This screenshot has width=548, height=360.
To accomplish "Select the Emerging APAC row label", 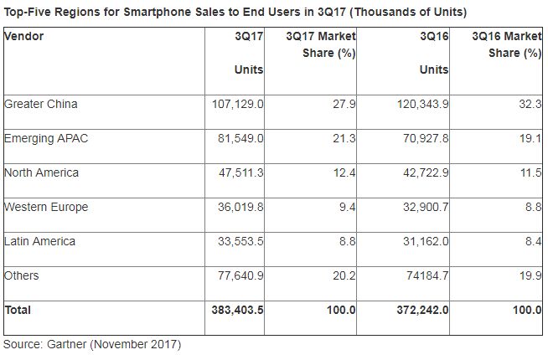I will click(x=46, y=138).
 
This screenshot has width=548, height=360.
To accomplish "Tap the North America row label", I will click(x=41, y=172).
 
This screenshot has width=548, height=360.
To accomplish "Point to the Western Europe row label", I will click(x=46, y=207).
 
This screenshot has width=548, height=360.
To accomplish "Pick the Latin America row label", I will click(x=39, y=241).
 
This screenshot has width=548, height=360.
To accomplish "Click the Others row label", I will click(x=22, y=275).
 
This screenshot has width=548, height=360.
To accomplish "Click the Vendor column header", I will click(x=24, y=37).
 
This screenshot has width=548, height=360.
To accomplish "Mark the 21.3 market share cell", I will click(x=346, y=138).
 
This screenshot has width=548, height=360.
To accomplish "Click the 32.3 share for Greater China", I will click(x=530, y=104).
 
